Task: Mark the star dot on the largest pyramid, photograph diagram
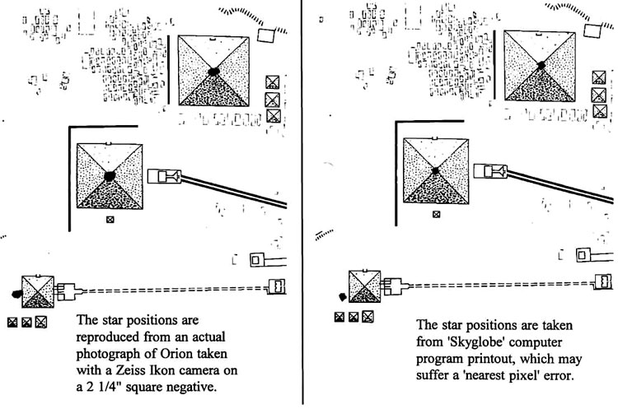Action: coord(213,71)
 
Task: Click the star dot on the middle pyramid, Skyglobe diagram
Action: coord(435,170)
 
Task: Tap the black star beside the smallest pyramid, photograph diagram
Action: coord(15,293)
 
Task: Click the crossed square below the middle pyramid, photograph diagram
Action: coord(110,219)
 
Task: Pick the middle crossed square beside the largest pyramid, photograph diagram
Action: coord(273,99)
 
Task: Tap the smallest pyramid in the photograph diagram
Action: coord(38,289)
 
